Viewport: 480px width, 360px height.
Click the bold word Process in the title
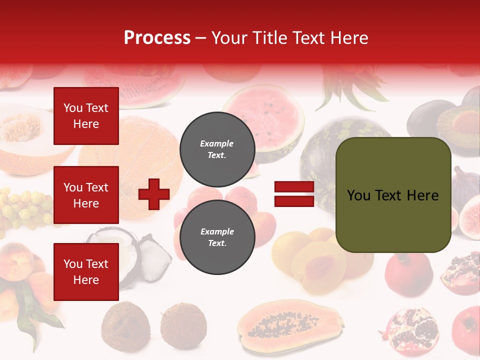point(157,37)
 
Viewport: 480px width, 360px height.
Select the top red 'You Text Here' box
point(86,116)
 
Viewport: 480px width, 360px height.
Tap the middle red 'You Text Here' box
point(86,195)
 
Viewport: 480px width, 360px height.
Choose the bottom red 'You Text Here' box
point(86,271)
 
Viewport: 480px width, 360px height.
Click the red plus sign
point(154,194)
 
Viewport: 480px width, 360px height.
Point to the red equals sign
point(294,194)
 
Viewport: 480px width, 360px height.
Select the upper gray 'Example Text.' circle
point(217,149)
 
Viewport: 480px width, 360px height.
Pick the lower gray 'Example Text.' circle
point(217,237)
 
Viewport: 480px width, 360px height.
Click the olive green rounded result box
point(393,195)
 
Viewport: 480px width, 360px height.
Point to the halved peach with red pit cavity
point(318,265)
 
